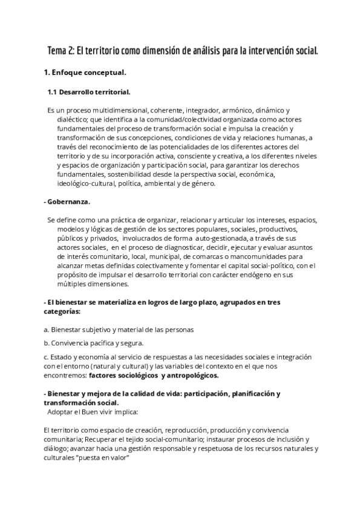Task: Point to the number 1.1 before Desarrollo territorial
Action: [53, 92]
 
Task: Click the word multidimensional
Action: [122, 110]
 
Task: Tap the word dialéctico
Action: [74, 120]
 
